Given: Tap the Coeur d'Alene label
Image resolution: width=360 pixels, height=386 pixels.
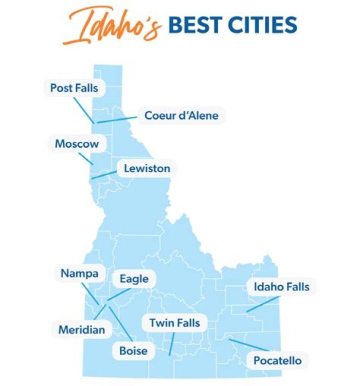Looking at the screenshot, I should [x=181, y=115].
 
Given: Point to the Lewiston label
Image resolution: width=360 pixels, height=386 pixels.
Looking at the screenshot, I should [x=146, y=168].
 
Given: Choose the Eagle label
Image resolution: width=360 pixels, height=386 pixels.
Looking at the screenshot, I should [x=133, y=279].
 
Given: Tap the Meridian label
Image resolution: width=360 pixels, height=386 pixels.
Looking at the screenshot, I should [x=82, y=330].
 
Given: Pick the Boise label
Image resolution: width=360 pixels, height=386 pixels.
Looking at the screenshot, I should [x=133, y=351].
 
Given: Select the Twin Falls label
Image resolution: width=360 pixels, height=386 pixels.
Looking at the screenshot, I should [x=174, y=323].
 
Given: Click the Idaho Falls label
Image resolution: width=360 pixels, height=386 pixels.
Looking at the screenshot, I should [x=281, y=287].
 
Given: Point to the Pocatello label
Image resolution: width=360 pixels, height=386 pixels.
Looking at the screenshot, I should [x=277, y=360].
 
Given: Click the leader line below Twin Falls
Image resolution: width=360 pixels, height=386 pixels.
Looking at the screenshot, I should [x=171, y=344].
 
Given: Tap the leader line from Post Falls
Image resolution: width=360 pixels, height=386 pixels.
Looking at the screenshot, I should [x=83, y=110].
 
